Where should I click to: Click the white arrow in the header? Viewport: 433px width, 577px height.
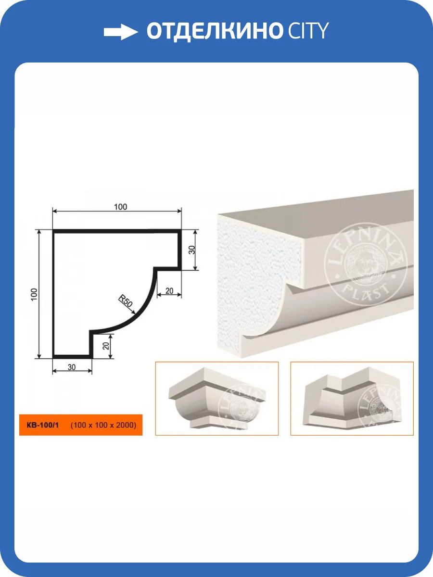[121, 32]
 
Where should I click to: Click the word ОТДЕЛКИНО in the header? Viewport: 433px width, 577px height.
[214, 31]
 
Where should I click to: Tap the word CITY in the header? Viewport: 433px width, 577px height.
[308, 30]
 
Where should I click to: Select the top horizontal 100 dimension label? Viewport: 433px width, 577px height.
[120, 207]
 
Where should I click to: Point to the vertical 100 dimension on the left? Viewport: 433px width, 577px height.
[34, 294]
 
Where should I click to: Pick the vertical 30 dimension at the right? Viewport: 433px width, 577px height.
[192, 250]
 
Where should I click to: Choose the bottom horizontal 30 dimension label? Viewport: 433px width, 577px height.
[72, 367]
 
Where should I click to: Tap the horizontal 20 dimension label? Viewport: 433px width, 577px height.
[169, 291]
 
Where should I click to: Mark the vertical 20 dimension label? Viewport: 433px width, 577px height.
[106, 346]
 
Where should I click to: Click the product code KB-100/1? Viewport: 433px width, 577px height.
[43, 425]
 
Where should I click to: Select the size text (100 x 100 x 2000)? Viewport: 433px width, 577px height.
[103, 425]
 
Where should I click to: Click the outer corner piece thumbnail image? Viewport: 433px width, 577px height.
[217, 399]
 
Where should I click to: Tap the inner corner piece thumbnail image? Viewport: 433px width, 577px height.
[352, 399]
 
